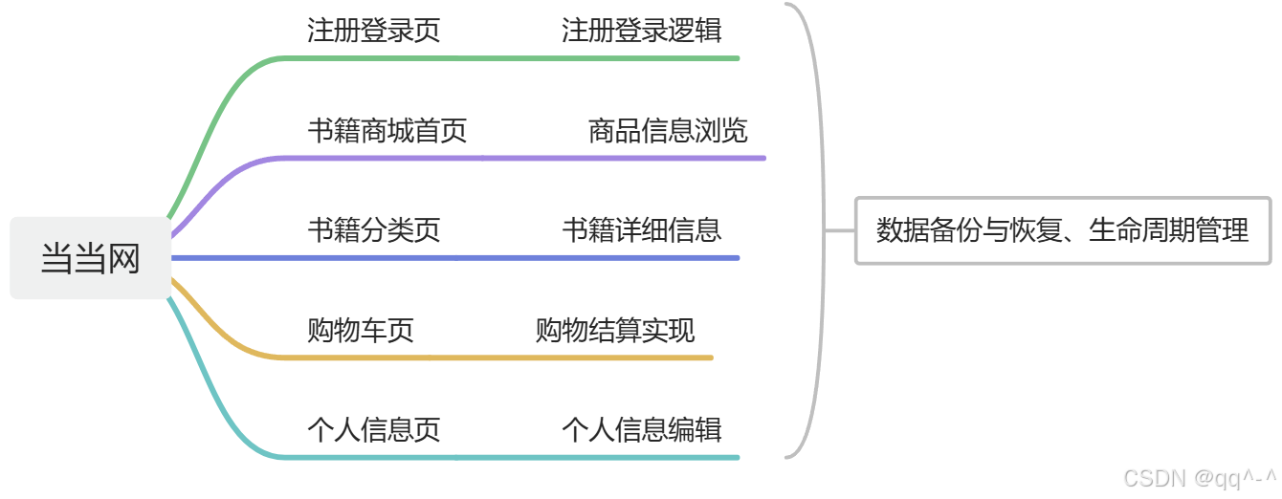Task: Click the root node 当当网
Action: (91, 258)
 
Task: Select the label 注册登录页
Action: (374, 31)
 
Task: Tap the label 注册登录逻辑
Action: (642, 31)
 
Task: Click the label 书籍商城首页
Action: (387, 130)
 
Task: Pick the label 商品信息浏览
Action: (668, 130)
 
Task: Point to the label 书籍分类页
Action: (374, 229)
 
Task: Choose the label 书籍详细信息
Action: (642, 229)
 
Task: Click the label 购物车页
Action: (361, 331)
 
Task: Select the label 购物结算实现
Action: (615, 331)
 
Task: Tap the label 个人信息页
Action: (374, 429)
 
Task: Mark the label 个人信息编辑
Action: (642, 429)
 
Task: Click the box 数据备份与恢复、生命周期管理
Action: (1062, 230)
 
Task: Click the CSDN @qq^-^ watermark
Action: (1199, 477)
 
